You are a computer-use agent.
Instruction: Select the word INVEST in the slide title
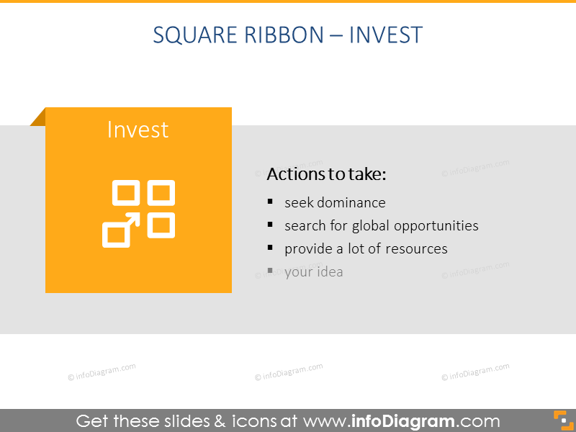385,35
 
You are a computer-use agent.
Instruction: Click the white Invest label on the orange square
138,130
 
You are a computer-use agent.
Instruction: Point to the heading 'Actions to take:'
327,174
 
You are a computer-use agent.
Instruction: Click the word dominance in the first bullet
351,202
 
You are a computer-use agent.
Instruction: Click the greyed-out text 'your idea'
313,271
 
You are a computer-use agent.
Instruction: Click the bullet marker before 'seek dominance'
270,202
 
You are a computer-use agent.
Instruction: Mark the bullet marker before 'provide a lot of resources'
270,248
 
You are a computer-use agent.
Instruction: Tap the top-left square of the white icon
125,193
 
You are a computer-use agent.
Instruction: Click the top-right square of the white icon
161,193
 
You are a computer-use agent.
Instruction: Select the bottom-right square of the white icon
161,225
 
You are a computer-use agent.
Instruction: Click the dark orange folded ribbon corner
39,117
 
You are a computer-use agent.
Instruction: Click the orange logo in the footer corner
561,420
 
